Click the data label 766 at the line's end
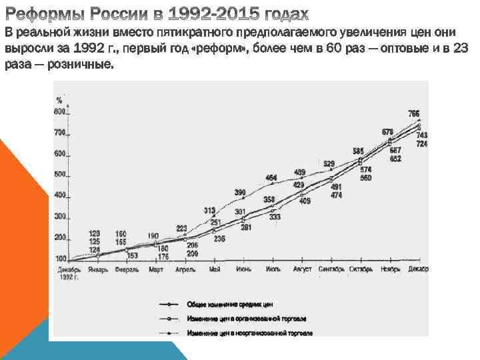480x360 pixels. click(414, 113)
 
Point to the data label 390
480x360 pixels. click(240, 193)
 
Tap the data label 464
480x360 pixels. click(271, 177)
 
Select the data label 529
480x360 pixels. click(329, 163)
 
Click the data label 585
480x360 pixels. click(359, 150)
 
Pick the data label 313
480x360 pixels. click(210, 210)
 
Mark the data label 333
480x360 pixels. click(275, 217)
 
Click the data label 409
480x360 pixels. click(305, 201)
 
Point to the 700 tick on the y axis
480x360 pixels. click(60, 133)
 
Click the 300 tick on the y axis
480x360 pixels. click(60, 217)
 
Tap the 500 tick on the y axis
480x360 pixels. click(60, 175)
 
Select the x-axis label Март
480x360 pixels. click(156, 269)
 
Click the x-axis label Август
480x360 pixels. click(303, 269)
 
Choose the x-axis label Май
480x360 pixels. click(214, 269)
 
